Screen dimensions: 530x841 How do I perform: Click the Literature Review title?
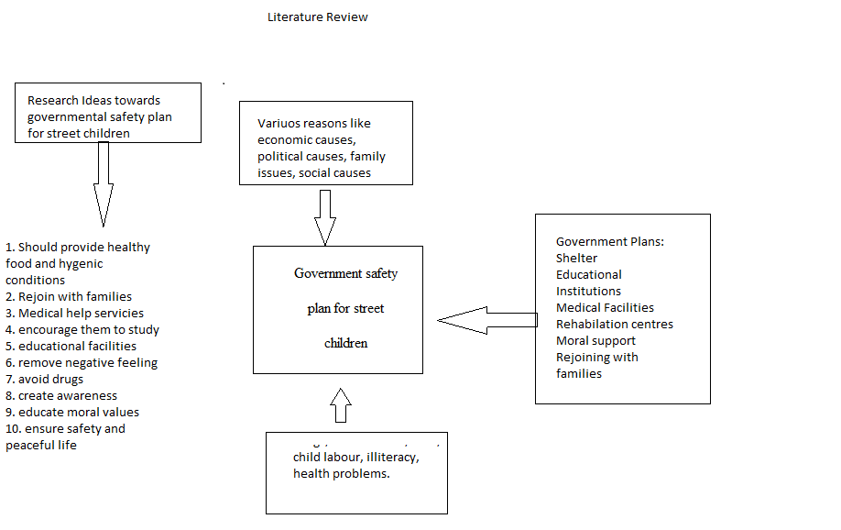coord(317,17)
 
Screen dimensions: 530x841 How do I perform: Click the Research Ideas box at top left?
coord(108,113)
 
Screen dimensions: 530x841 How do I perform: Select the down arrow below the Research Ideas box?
coord(103,183)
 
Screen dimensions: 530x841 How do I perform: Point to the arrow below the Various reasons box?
coord(324,216)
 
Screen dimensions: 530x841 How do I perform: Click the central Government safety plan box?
coord(337,309)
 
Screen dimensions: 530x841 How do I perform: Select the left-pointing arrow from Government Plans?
coord(486,320)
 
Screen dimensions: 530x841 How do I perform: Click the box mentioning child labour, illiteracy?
coord(356,472)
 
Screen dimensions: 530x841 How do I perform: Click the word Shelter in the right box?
coord(576,259)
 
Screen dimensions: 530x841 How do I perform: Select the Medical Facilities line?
coord(605,308)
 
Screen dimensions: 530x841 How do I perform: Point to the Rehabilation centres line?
coord(614,325)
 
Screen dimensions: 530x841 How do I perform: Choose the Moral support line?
coord(595,341)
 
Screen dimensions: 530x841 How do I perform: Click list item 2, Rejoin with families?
coord(69,297)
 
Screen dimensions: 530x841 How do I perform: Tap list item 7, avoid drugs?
coord(45,380)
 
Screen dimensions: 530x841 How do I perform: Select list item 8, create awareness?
coord(61,396)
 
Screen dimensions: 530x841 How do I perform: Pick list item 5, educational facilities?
coord(71,347)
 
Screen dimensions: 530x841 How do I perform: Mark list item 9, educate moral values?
coord(72,413)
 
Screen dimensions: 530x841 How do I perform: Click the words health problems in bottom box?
coord(342,474)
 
